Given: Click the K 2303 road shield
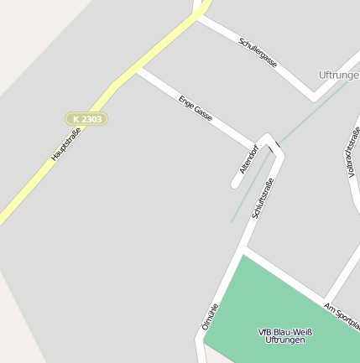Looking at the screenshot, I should point(86,119).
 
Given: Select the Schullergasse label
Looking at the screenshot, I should point(258,53).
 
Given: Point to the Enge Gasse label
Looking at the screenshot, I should point(196,111).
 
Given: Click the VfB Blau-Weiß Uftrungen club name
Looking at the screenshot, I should point(284,335).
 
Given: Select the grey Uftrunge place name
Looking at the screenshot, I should point(339,75).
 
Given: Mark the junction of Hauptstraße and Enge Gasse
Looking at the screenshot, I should point(136,70).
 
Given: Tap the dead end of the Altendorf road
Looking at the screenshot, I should point(236,184).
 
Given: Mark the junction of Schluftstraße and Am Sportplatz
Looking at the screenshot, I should point(245,249).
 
